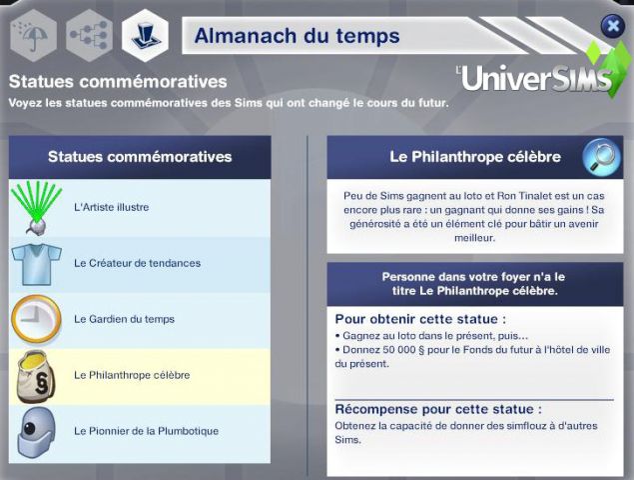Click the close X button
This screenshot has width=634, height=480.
[x=613, y=26]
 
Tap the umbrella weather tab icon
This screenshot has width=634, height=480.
[x=33, y=36]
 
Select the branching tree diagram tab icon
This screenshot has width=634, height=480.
[x=89, y=36]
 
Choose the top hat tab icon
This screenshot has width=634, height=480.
[x=145, y=36]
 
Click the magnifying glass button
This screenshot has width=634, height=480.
[x=602, y=158]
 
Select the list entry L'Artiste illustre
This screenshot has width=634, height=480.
[x=111, y=207]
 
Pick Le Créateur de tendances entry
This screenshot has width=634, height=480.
[x=137, y=263]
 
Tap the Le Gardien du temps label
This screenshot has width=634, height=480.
[x=124, y=319]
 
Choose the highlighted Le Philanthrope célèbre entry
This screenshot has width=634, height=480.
[x=132, y=375]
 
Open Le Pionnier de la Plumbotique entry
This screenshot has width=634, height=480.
[x=146, y=431]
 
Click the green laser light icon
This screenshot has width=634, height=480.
[x=37, y=208]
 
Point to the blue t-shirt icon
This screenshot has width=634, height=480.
[x=36, y=264]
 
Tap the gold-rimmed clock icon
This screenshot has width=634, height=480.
[x=36, y=320]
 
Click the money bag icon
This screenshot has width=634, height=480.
[x=36, y=377]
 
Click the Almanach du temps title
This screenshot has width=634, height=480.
[x=298, y=36]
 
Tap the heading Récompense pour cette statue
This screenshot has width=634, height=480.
[x=438, y=409]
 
